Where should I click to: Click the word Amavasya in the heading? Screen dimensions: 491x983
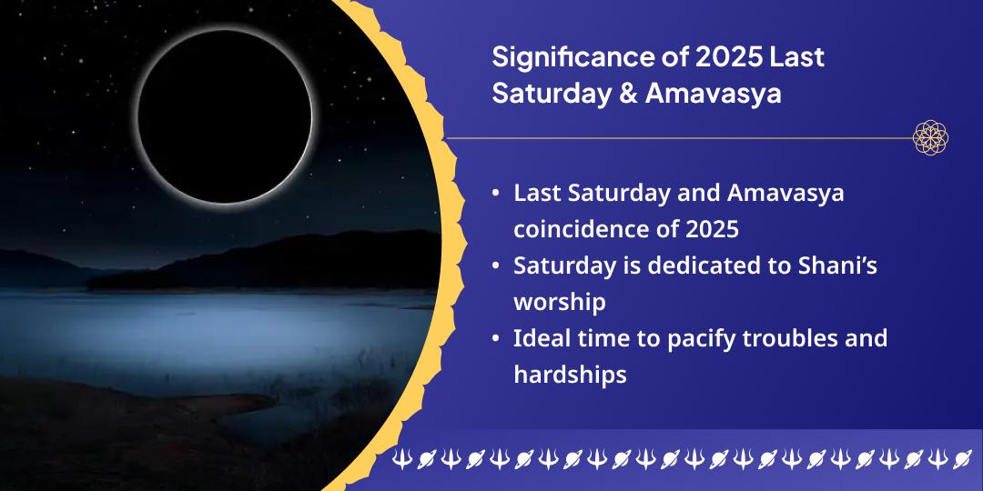coord(714,94)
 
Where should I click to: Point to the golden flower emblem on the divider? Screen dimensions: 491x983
coord(930,138)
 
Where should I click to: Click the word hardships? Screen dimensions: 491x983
coord(570,375)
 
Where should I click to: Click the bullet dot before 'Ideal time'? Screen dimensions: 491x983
coord(494,339)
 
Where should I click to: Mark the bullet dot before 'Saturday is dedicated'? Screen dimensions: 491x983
coord(494,266)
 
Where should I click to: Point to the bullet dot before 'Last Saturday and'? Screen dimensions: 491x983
coord(494,194)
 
